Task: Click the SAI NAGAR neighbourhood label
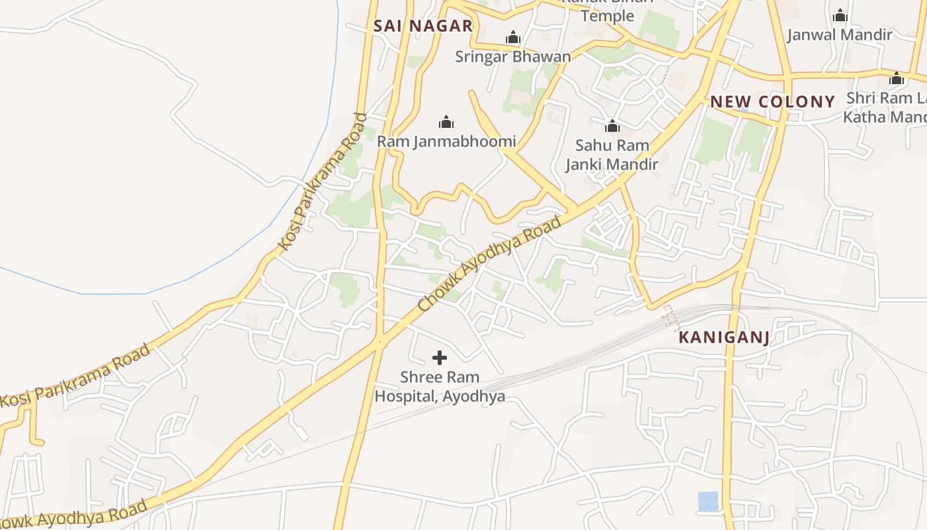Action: tap(423, 26)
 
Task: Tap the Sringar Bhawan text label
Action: tap(512, 56)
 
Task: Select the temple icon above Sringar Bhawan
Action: tap(513, 38)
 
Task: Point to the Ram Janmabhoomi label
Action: tap(446, 141)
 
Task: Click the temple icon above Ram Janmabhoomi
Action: tap(446, 122)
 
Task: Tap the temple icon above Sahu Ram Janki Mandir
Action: tap(612, 125)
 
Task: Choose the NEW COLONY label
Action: tap(772, 102)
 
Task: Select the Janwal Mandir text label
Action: tap(840, 34)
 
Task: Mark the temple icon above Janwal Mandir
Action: tap(840, 15)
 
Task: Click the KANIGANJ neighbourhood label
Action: tap(724, 338)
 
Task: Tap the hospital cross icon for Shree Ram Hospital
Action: tap(439, 358)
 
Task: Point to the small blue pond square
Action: tap(708, 501)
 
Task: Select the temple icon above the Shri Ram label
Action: tap(897, 78)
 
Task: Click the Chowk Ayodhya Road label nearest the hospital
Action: tap(491, 263)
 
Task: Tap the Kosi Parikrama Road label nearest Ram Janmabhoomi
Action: tap(322, 183)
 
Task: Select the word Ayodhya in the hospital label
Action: tap(474, 397)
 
